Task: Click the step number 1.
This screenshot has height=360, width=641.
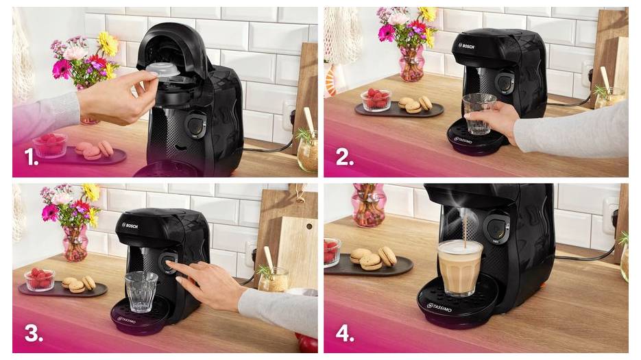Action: click(x=31, y=159)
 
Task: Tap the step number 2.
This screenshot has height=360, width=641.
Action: click(x=344, y=159)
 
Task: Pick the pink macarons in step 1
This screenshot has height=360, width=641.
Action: click(x=94, y=150)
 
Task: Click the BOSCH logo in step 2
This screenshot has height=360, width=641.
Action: click(x=466, y=47)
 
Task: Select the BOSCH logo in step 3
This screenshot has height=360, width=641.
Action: click(x=131, y=225)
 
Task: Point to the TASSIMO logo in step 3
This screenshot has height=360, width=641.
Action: click(x=126, y=320)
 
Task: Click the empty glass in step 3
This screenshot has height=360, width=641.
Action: click(x=141, y=291)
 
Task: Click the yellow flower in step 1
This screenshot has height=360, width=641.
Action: click(x=108, y=44)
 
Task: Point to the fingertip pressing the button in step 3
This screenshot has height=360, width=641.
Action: click(x=170, y=263)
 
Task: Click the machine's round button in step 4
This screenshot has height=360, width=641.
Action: click(x=496, y=229)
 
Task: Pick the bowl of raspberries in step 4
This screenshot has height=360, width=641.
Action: click(x=332, y=252)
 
